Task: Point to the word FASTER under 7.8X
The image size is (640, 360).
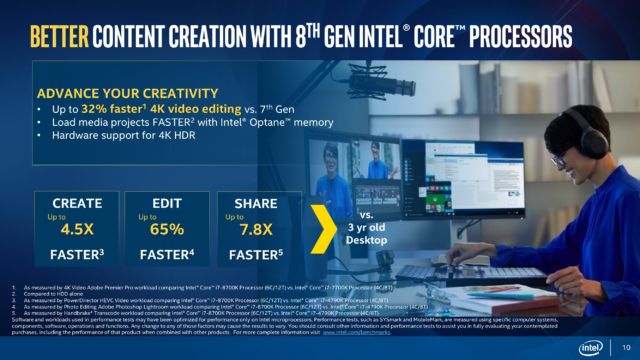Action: (256, 254)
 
